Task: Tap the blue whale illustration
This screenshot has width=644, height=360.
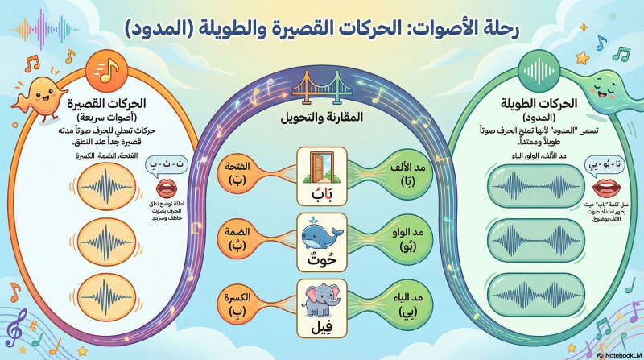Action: pyautogui.click(x=321, y=235)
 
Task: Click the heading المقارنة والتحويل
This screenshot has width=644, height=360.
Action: pyautogui.click(x=322, y=118)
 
